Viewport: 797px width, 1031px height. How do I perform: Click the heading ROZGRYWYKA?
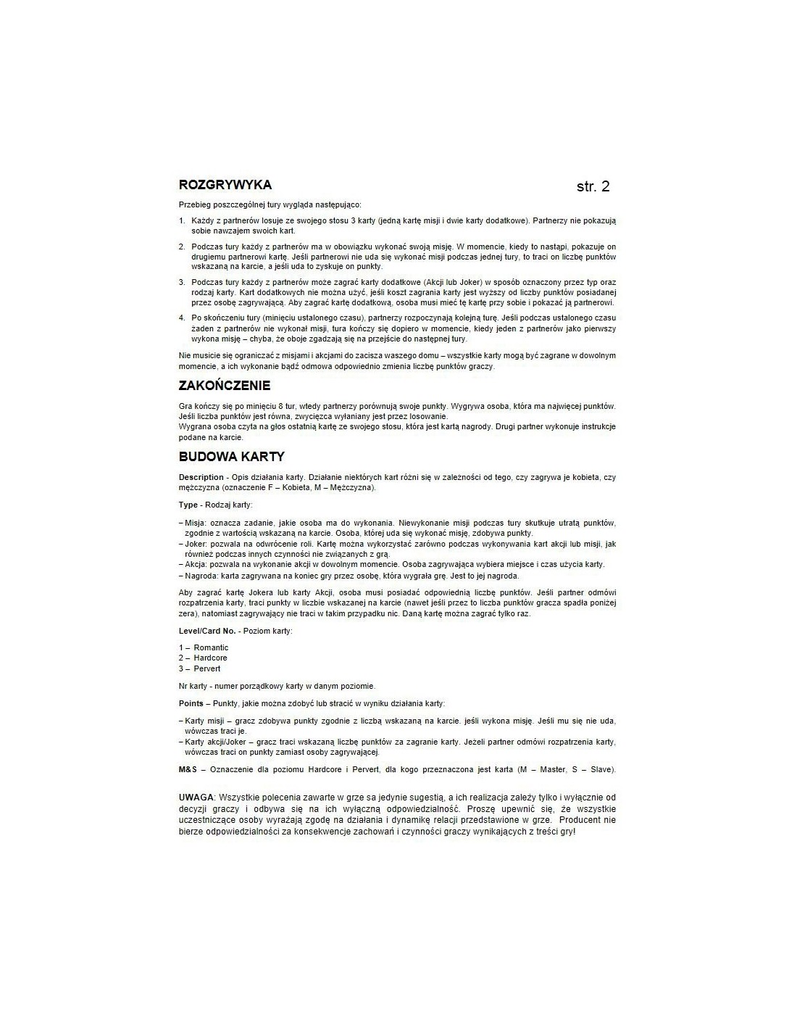pos(225,185)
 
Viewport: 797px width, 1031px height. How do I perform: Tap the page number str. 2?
pos(593,186)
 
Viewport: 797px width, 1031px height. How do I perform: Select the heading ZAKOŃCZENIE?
pos(225,385)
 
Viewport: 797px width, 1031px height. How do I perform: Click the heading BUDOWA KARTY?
pos(231,456)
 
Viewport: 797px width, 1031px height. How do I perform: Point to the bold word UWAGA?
pos(196,797)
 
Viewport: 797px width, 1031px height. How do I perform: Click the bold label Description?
pos(201,477)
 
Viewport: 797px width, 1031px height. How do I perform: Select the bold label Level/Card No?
pos(207,631)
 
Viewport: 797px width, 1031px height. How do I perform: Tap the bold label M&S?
pos(188,769)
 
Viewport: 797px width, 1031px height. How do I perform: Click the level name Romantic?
pos(211,647)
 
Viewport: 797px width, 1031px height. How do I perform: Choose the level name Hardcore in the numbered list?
pos(210,658)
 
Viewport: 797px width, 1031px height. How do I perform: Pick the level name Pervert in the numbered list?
pos(207,668)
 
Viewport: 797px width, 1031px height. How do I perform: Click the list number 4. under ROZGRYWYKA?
pos(182,318)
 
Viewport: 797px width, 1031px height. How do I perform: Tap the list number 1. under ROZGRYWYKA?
pos(182,220)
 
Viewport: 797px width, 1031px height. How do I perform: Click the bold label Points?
pos(191,703)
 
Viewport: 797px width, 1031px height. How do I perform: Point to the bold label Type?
pos(188,505)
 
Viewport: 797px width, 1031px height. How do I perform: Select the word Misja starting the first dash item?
pos(195,523)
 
